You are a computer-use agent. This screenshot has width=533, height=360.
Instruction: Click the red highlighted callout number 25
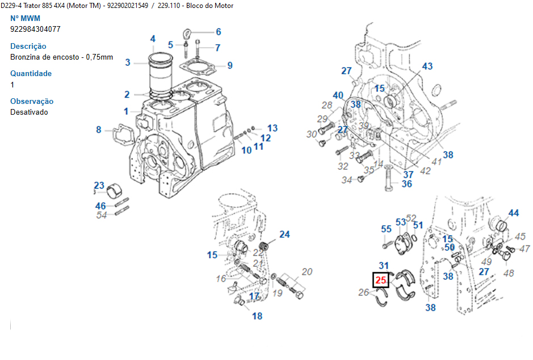pyautogui.click(x=380, y=280)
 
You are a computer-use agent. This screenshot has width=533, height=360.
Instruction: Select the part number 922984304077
pyautogui.click(x=35, y=28)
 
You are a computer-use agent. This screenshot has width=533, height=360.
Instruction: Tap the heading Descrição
pyautogui.click(x=28, y=46)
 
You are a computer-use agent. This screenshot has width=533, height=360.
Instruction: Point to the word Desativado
pyautogui.click(x=29, y=112)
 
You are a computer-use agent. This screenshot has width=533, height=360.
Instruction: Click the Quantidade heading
pyautogui.click(x=31, y=73)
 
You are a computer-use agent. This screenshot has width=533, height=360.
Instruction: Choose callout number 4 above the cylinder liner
pyautogui.click(x=153, y=39)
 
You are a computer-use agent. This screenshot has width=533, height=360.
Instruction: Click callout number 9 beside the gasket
pyautogui.click(x=230, y=65)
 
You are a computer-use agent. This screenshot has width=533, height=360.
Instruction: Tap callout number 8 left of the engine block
pyautogui.click(x=99, y=129)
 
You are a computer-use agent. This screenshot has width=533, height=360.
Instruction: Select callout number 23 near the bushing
pyautogui.click(x=99, y=186)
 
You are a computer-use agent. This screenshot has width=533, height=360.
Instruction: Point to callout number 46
pyautogui.click(x=100, y=206)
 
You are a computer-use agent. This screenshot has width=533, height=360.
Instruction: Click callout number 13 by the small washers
pyautogui.click(x=272, y=128)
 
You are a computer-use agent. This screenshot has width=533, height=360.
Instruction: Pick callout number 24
pyautogui.click(x=284, y=234)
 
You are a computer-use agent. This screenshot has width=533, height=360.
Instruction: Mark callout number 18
pyautogui.click(x=257, y=316)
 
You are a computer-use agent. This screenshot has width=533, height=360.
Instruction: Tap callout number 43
pyautogui.click(x=427, y=66)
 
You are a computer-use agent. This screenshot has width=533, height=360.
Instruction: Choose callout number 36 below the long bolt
pyautogui.click(x=407, y=183)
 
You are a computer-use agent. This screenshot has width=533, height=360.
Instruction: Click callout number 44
pyautogui.click(x=513, y=213)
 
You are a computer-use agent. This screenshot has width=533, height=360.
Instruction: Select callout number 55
pyautogui.click(x=386, y=229)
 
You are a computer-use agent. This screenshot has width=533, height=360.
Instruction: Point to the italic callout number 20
pyautogui.click(x=307, y=271)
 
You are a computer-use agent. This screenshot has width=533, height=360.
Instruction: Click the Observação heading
pyautogui.click(x=32, y=101)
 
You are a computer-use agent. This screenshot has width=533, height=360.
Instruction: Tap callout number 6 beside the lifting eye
pyautogui.click(x=218, y=32)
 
